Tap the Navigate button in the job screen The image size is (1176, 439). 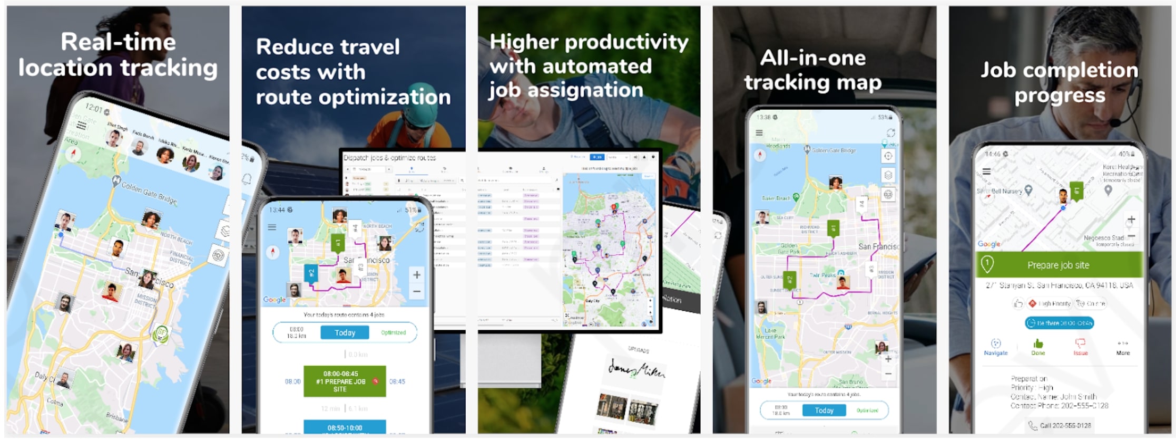pyautogui.click(x=995, y=347)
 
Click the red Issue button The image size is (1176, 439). pyautogui.click(x=1080, y=347)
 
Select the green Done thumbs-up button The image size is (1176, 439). pyautogui.click(x=1038, y=347)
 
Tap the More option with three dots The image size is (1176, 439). pyautogui.click(x=1123, y=347)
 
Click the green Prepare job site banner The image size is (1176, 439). pyautogui.click(x=1058, y=265)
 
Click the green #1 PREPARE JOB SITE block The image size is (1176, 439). pyautogui.click(x=344, y=381)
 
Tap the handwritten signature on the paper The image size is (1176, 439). pyautogui.click(x=636, y=369)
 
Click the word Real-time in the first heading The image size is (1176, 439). pyautogui.click(x=118, y=42)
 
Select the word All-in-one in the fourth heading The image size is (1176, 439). pyautogui.click(x=812, y=58)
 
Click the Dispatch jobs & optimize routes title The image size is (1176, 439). pyautogui.click(x=389, y=157)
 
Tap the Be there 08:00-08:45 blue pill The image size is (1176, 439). pyautogui.click(x=1059, y=323)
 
